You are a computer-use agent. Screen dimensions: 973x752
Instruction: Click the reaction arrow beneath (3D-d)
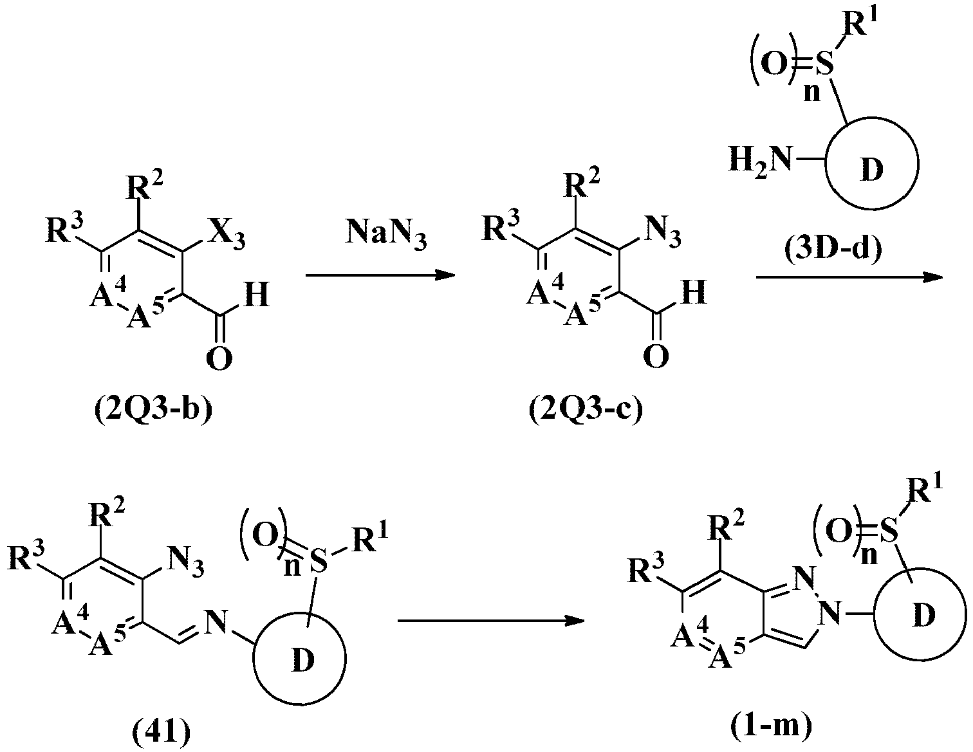[850, 277]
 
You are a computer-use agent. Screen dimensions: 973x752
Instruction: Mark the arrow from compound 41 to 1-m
[491, 621]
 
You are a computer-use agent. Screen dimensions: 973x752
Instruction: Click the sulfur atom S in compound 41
[319, 561]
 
